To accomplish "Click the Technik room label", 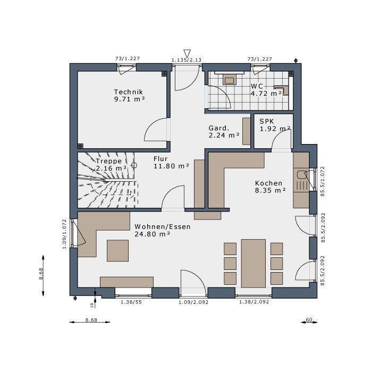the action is [x=129, y=91].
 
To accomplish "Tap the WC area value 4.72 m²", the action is [x=266, y=94].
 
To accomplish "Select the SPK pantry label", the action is [x=267, y=121].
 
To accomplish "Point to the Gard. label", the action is [x=219, y=128].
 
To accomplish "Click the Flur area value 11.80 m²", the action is [x=171, y=166].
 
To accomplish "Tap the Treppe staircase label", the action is [x=108, y=161].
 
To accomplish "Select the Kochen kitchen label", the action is [x=269, y=183].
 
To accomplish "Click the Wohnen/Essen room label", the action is [x=163, y=226].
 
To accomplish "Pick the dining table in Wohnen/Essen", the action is [x=253, y=263].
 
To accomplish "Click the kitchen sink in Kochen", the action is [x=301, y=175].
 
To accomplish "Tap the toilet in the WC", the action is [x=282, y=90].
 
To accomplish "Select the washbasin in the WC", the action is [x=230, y=79].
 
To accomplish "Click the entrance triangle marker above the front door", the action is [x=187, y=53].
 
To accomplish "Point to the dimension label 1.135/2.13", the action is [x=187, y=60].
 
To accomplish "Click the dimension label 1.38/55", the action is [x=131, y=302].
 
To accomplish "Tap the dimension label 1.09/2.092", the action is [x=193, y=302].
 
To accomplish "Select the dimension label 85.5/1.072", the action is [x=323, y=182].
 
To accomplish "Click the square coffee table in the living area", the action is [x=117, y=250].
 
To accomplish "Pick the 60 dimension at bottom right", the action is [x=309, y=319].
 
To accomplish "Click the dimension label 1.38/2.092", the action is [x=254, y=302].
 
